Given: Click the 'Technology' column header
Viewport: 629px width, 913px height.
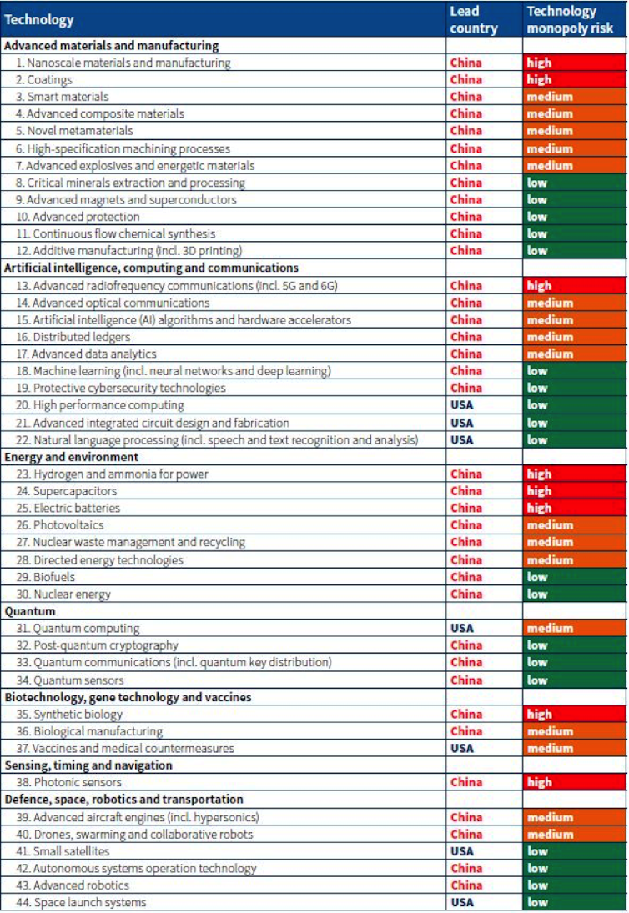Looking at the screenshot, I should click(x=40, y=19).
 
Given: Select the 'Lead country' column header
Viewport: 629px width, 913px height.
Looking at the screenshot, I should click(x=473, y=19).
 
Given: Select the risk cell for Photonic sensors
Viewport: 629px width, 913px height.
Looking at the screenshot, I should click(x=575, y=782).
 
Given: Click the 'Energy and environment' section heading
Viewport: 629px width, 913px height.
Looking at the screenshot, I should click(x=72, y=457).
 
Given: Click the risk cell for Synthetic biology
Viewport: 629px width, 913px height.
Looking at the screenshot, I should click(x=575, y=714).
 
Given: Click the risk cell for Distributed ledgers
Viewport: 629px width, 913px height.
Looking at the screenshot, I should click(x=575, y=337).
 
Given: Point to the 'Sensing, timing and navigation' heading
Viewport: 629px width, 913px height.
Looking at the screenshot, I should click(x=88, y=765).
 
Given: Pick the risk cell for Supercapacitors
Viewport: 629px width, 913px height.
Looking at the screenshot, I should click(x=575, y=491).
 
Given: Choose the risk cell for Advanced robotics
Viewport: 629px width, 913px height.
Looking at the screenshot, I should click(x=575, y=885).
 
